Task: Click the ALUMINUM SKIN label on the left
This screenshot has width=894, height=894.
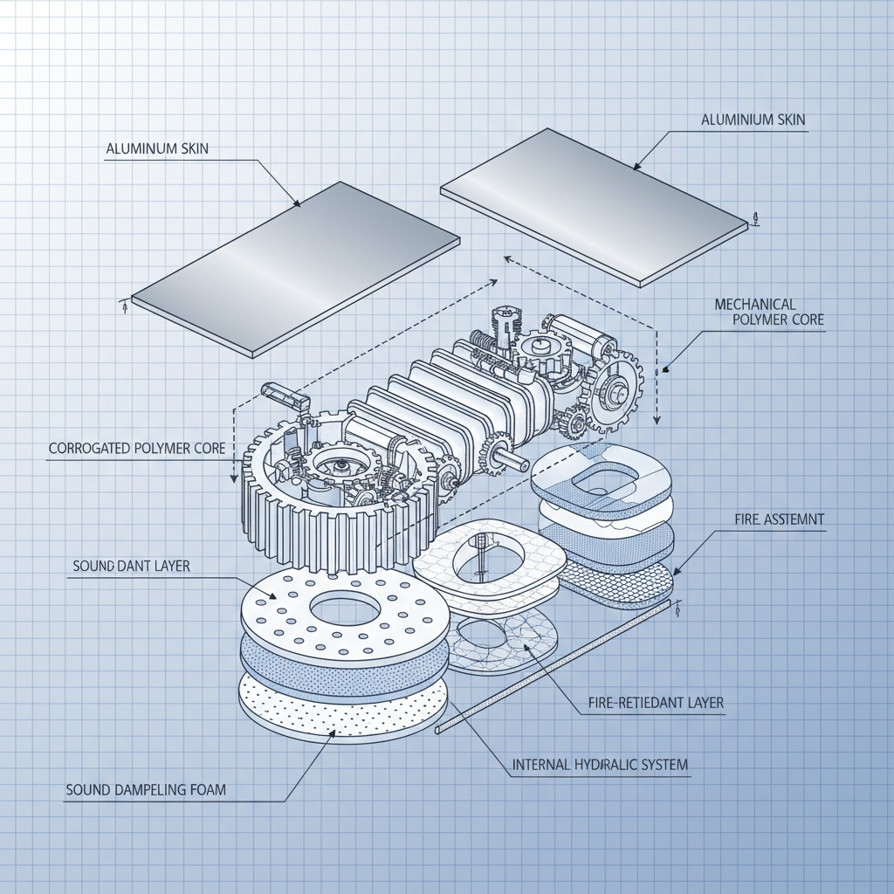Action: (157, 149)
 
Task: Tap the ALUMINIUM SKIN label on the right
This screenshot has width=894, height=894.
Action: (752, 120)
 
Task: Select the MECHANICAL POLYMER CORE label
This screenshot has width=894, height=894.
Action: (768, 312)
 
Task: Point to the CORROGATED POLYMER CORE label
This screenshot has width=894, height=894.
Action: (137, 449)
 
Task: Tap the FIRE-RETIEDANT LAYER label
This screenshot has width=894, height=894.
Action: (651, 702)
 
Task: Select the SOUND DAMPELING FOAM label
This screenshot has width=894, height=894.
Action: (146, 790)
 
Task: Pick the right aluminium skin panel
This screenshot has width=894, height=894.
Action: (594, 205)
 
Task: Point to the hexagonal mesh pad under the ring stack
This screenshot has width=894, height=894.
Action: (615, 582)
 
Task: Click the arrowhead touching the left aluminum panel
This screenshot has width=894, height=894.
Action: (298, 204)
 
